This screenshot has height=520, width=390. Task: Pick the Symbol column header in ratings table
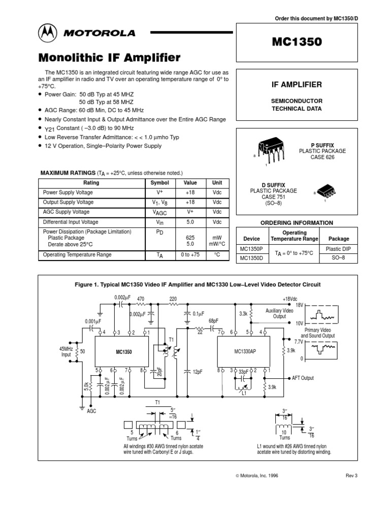(x=159, y=183)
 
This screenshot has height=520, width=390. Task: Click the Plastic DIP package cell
(x=338, y=248)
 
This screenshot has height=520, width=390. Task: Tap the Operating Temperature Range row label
(x=77, y=255)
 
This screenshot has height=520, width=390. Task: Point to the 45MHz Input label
(x=66, y=351)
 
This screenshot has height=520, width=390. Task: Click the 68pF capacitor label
(x=215, y=321)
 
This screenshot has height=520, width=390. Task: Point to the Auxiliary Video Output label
(x=279, y=313)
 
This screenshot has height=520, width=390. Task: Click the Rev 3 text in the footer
(x=351, y=475)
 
